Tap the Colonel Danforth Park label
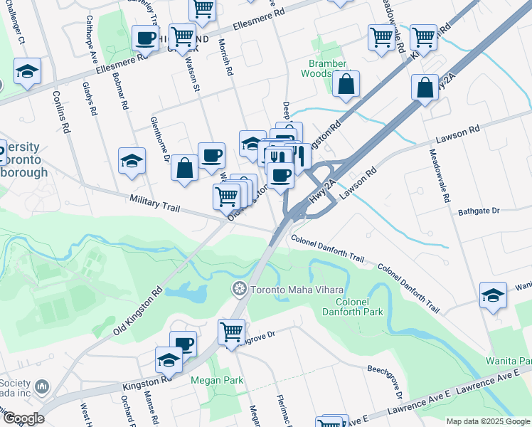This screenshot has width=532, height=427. [353, 306]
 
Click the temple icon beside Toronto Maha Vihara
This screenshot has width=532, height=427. [240, 289]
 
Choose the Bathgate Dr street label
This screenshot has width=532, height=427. [479, 211]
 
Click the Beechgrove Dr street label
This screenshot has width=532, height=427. [385, 381]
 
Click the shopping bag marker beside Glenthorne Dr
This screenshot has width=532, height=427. [185, 169]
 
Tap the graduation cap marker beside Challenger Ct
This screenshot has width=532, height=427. [27, 71]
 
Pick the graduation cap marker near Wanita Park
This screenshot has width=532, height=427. [493, 295]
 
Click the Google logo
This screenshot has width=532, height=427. [23, 418]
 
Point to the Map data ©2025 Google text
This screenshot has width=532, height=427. [487, 421]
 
